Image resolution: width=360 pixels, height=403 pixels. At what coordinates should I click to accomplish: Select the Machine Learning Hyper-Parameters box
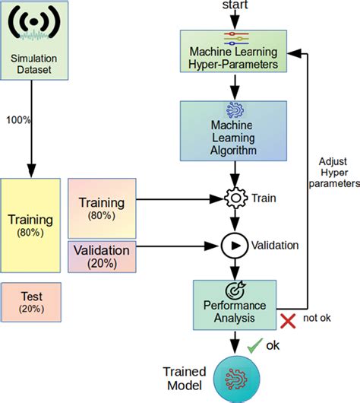click(234, 52)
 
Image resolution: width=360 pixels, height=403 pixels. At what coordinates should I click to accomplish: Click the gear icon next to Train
click(234, 198)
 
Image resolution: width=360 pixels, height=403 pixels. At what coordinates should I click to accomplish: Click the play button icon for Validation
click(234, 245)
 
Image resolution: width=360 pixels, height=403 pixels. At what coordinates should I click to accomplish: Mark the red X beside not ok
click(288, 321)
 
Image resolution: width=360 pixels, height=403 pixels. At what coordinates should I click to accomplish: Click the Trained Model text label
click(185, 378)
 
